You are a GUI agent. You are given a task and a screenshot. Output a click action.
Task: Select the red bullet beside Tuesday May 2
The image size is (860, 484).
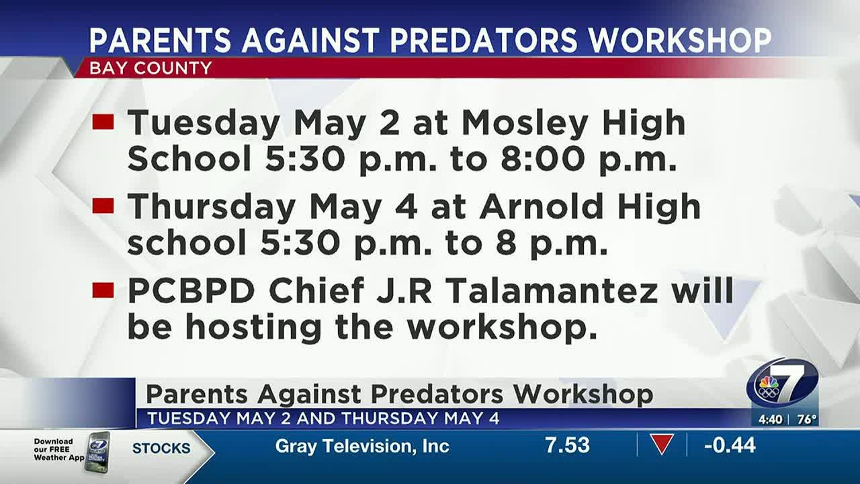pyautogui.click(x=103, y=122)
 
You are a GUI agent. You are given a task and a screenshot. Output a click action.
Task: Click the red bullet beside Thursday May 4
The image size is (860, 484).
pyautogui.click(x=103, y=206)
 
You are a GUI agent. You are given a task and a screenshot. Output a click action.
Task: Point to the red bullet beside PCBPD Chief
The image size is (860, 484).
pyautogui.click(x=103, y=290)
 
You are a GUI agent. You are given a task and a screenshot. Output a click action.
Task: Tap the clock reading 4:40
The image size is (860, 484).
pyautogui.click(x=770, y=419)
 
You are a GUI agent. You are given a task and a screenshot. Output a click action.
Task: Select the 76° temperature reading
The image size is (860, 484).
pyautogui.click(x=806, y=419)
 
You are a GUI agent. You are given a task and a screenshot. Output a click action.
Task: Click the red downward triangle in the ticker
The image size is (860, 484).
pyautogui.click(x=662, y=444)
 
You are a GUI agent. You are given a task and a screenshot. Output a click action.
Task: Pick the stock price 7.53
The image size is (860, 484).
pyautogui.click(x=567, y=445)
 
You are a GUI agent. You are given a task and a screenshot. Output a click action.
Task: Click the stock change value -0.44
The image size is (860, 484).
pyautogui.click(x=730, y=445)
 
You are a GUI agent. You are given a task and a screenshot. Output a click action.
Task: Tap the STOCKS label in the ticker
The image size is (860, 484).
pyautogui.click(x=161, y=448)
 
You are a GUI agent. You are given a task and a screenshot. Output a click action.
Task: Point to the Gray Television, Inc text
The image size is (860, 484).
pyautogui.click(x=362, y=446)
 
